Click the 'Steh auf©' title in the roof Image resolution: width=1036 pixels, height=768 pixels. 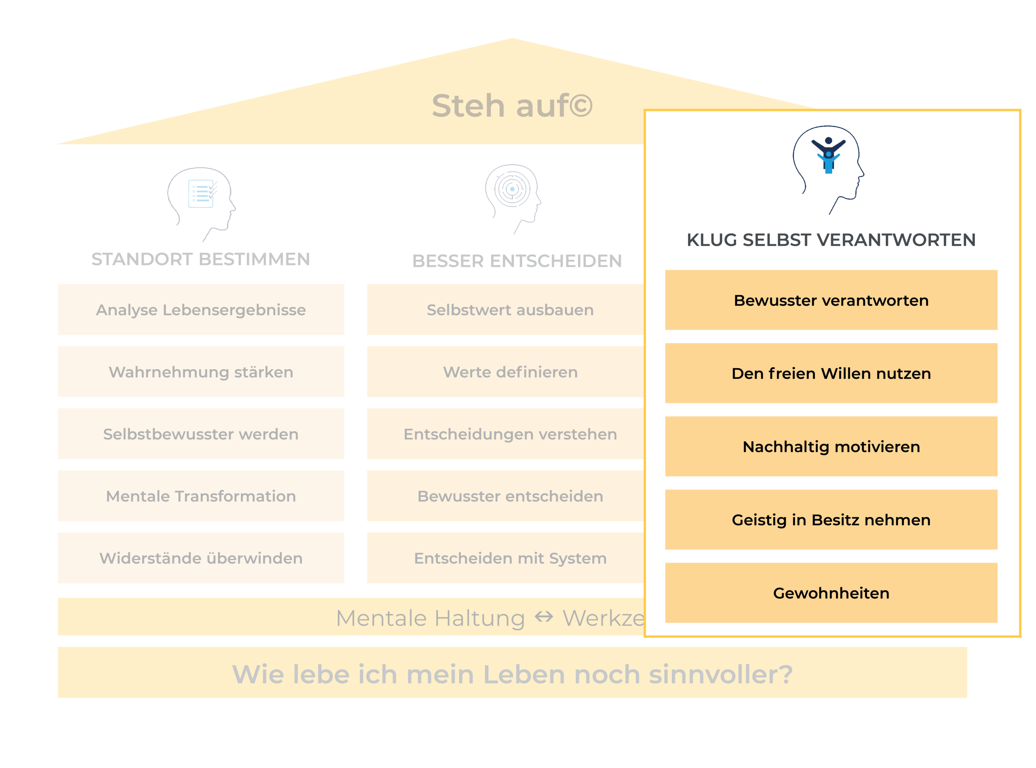tap(512, 106)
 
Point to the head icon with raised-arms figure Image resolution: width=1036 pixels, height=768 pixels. tap(828, 167)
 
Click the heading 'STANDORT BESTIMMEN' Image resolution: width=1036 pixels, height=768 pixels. tap(200, 259)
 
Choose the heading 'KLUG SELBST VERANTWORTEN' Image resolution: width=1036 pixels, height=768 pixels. tap(831, 240)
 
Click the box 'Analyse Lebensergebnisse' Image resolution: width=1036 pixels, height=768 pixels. tap(201, 310)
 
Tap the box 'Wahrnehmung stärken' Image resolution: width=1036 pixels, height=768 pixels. tap(201, 372)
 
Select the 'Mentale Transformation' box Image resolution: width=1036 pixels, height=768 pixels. tap(201, 496)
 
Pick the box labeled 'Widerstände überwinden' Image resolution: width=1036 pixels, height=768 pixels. tap(201, 558)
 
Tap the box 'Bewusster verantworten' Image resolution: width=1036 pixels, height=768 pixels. tap(831, 300)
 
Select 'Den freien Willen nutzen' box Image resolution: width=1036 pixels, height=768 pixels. tap(831, 373)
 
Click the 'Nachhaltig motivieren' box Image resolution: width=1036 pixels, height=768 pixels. tap(831, 446)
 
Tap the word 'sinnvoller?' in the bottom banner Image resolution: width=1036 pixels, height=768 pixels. tap(721, 674)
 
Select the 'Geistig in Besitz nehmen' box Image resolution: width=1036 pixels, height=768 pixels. tap(831, 520)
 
